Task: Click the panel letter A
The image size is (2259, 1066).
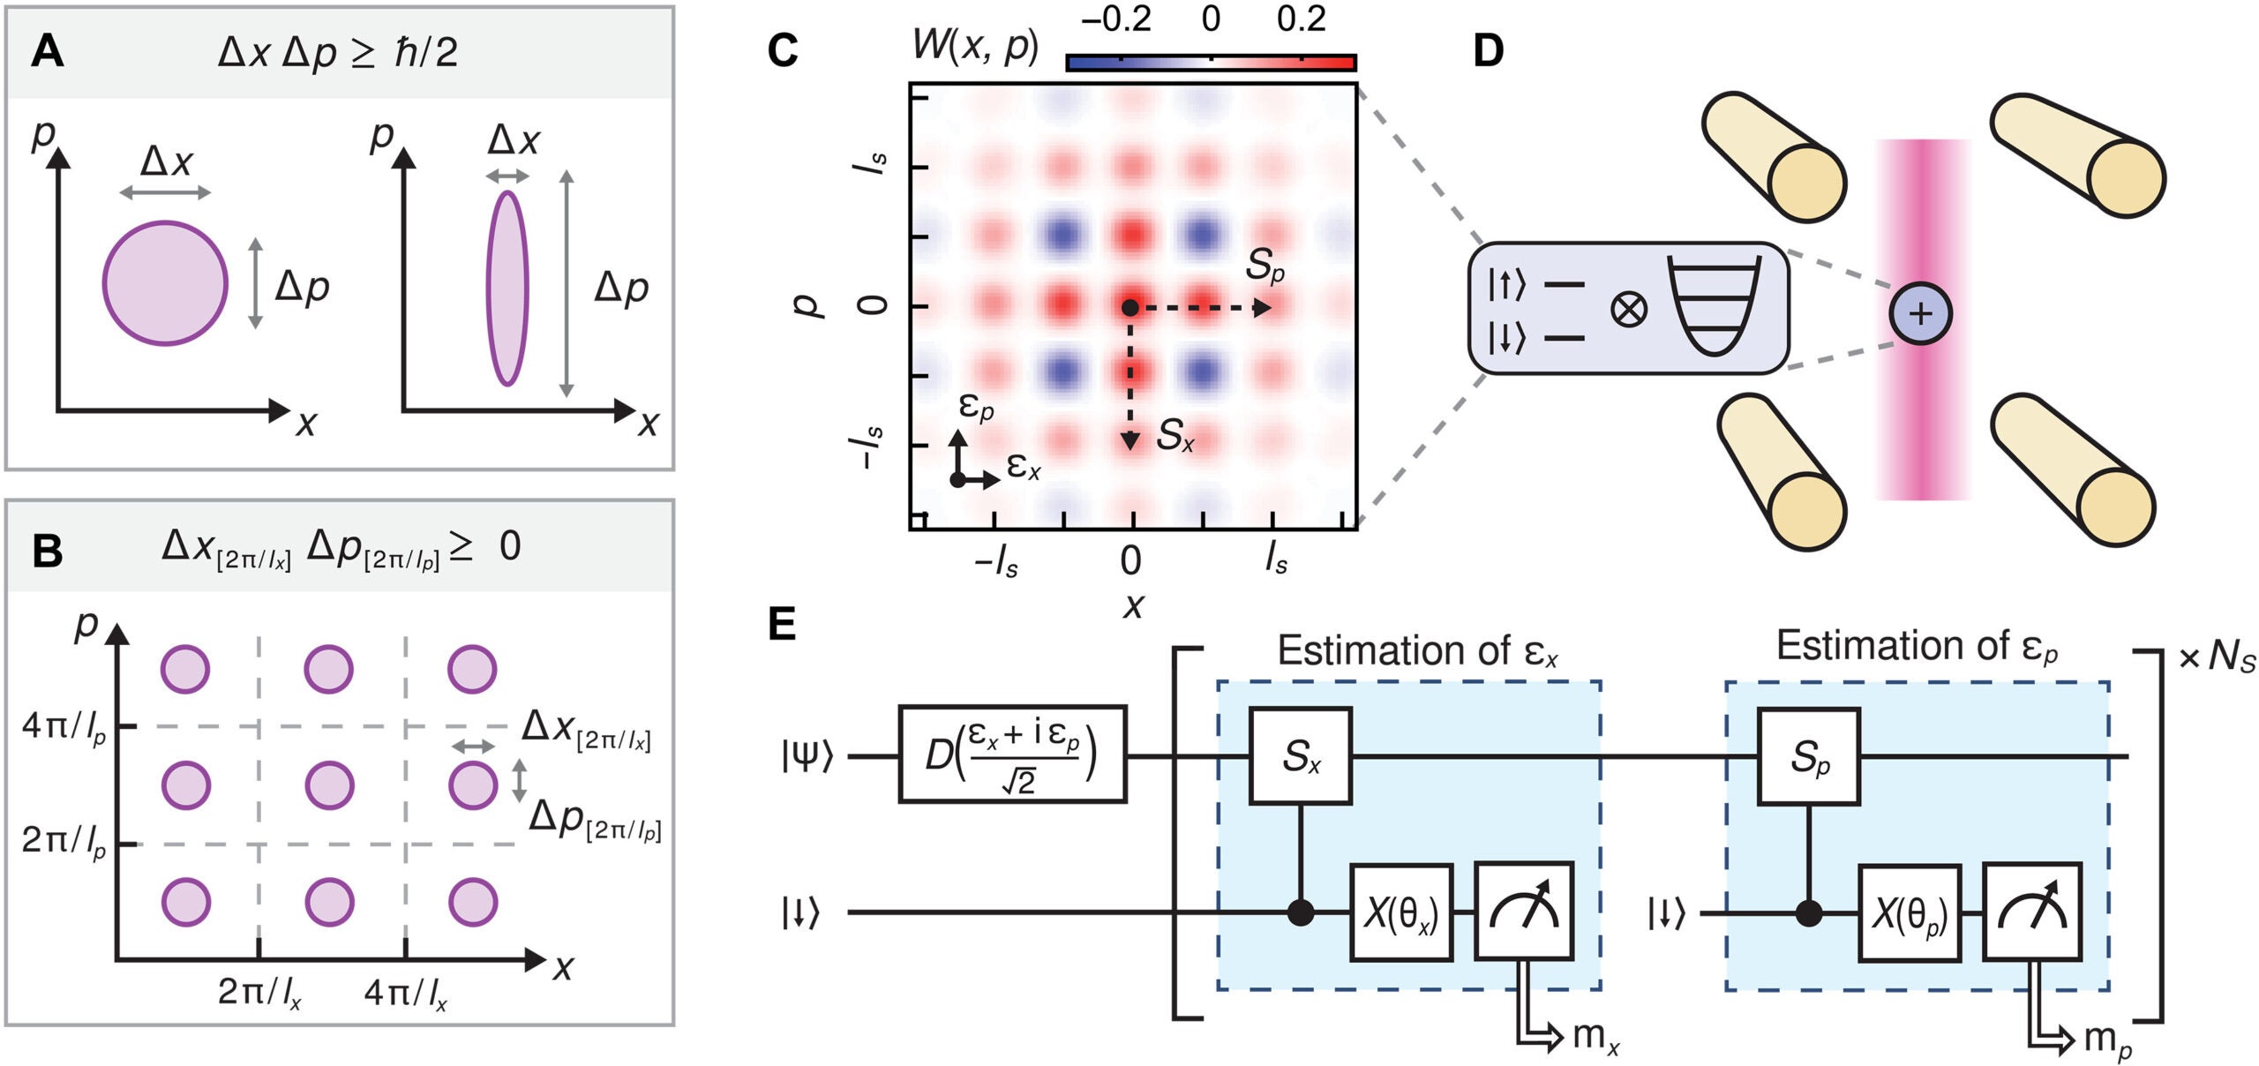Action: (47, 52)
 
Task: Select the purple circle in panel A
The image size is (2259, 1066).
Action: (165, 283)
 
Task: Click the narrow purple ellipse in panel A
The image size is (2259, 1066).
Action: (507, 289)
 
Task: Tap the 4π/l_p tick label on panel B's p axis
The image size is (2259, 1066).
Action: (64, 727)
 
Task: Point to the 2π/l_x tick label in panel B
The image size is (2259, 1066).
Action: (259, 994)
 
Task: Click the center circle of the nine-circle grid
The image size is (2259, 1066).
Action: (329, 784)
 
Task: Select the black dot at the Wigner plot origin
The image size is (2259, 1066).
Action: (1129, 307)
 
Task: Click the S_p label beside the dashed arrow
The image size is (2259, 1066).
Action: (1264, 265)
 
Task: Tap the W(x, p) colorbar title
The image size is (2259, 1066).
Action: (975, 44)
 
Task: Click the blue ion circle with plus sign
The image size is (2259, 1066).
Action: (1920, 313)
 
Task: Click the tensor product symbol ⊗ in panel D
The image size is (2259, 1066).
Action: (1629, 310)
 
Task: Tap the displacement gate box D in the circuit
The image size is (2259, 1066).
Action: (1012, 754)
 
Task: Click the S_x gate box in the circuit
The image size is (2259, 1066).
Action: (1301, 756)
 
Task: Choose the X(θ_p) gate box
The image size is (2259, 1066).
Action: (1910, 913)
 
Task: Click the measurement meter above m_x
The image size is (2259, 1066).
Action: (1524, 911)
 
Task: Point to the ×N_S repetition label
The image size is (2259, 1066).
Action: (2217, 658)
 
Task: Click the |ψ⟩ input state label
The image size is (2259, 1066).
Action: (806, 756)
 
